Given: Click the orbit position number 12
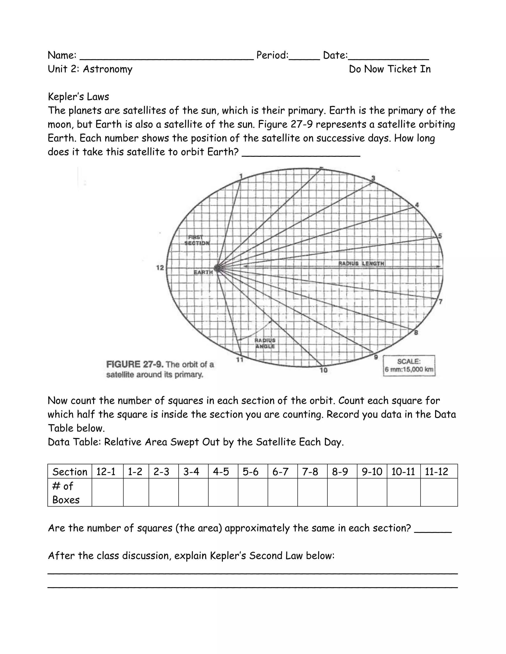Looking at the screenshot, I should point(160,268).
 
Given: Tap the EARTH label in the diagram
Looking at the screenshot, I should point(203,272).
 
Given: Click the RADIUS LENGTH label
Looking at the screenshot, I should point(361,264).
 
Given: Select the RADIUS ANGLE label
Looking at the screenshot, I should point(265,343).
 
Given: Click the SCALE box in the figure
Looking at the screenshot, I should point(409,366).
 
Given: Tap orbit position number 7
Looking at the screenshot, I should point(440,302).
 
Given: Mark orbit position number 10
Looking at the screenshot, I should point(323,370).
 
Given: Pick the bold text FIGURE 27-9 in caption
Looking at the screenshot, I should point(135,365).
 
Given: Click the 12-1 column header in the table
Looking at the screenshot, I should point(106,472).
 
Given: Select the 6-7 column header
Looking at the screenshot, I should point(280,472).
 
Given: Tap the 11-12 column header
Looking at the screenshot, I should point(437,472).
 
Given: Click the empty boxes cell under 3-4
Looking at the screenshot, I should point(193,493).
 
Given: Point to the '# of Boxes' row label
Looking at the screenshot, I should point(66,493).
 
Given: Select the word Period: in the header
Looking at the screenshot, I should point(272,55).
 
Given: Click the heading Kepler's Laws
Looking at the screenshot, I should point(79,97).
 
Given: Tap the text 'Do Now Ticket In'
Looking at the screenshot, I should point(390,69).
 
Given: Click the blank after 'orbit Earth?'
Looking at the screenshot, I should point(301,153).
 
